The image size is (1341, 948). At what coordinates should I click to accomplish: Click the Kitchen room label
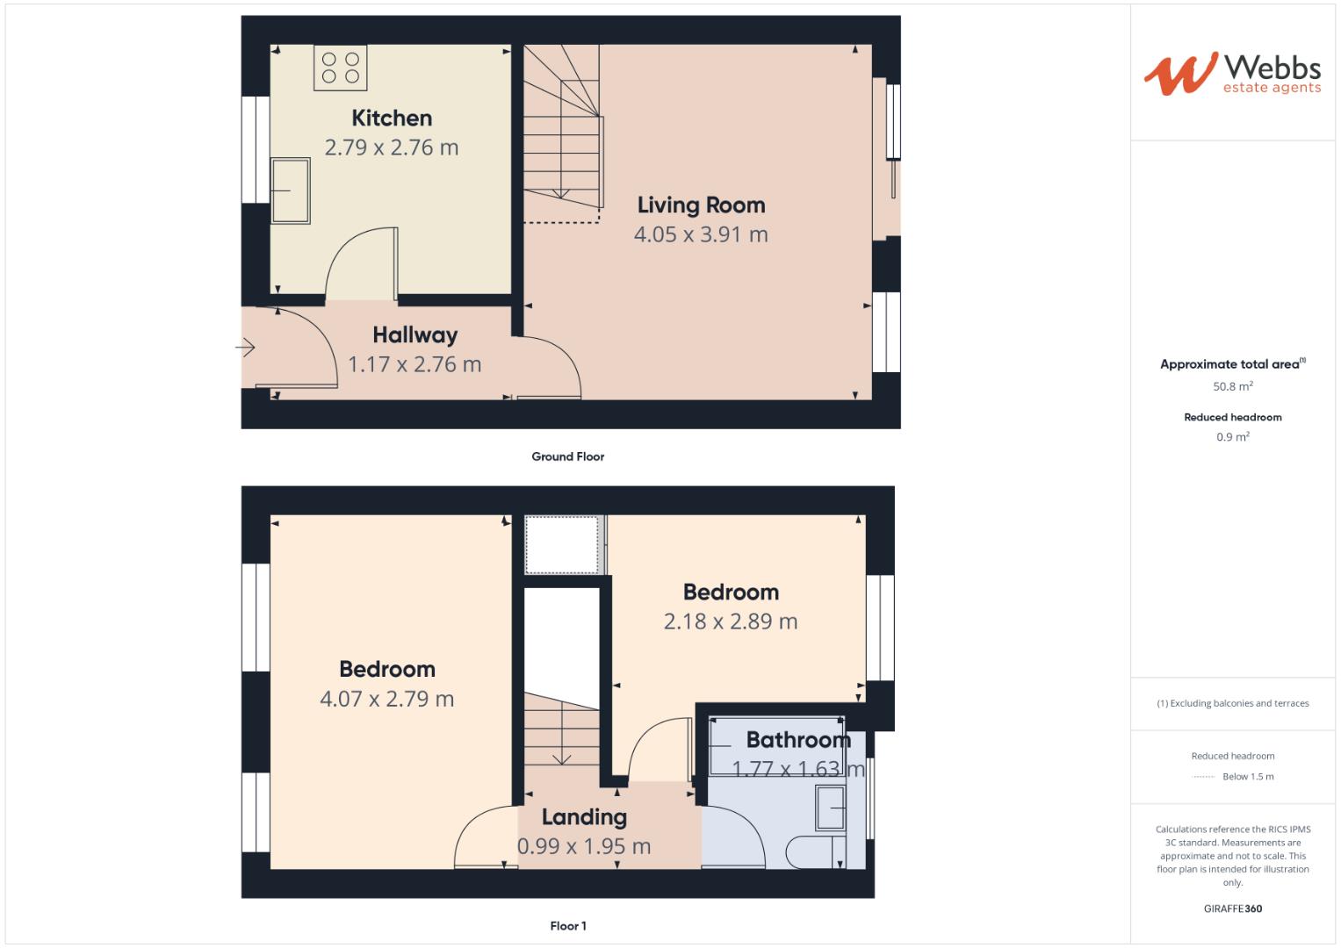(392, 118)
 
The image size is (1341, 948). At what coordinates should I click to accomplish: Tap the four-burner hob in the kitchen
(341, 68)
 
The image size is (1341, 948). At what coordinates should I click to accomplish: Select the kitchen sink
(290, 190)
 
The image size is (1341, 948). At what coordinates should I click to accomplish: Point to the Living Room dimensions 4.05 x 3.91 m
(701, 234)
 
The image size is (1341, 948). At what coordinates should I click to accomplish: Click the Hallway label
(415, 334)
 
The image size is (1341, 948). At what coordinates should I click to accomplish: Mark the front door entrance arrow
(245, 348)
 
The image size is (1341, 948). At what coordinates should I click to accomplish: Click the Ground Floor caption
(567, 456)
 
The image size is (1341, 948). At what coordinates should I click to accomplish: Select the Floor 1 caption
(567, 926)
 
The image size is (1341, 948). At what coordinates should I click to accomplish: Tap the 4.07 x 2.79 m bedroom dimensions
(386, 699)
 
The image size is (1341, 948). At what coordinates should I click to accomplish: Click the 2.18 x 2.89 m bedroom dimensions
(730, 621)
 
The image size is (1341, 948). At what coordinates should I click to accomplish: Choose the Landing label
(584, 817)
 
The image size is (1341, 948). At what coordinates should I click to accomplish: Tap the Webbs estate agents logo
(1232, 74)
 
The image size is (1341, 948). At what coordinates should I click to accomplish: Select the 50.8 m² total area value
(1232, 386)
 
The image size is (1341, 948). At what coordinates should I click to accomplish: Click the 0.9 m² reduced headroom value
(1232, 437)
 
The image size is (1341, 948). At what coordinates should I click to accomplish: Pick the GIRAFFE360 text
(1232, 908)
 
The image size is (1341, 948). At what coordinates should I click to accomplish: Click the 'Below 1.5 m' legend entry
(1247, 777)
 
